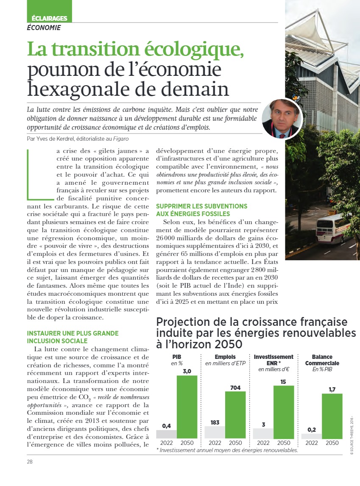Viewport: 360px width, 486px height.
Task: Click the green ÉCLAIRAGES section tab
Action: pos(50,18)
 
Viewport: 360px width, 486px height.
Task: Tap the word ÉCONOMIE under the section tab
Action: pos(44,28)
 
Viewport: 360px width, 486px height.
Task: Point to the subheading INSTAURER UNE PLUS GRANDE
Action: pos(73,333)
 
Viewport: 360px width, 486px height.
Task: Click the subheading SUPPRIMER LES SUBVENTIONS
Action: pos(202,206)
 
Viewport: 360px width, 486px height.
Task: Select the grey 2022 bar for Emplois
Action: pos(215,432)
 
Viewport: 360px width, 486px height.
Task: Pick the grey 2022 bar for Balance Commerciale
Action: pos(311,436)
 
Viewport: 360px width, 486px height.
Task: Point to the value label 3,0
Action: pos(187,371)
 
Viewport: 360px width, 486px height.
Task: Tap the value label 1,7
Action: pos(332,389)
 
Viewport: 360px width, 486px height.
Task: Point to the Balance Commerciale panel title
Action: pos(322,360)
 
